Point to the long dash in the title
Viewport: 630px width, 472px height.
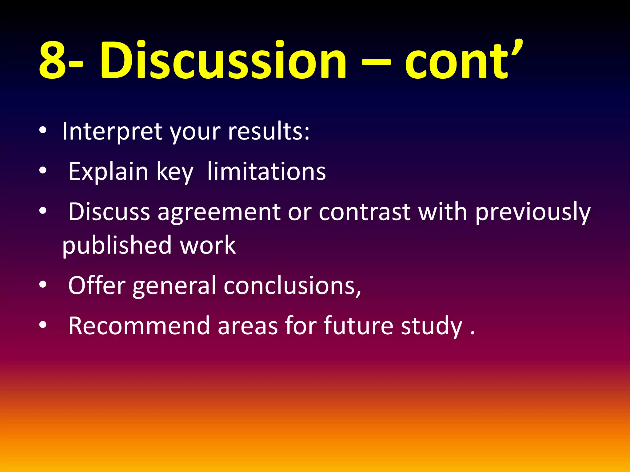pyautogui.click(x=376, y=63)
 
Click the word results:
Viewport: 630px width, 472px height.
pyautogui.click(x=269, y=132)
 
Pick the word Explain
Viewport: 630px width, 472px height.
pyautogui.click(x=108, y=171)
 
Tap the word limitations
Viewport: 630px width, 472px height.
pyautogui.click(x=266, y=171)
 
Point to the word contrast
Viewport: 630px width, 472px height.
pyautogui.click(x=365, y=212)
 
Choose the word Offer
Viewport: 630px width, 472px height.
pyautogui.click(x=97, y=285)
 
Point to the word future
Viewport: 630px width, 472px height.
pyautogui.click(x=358, y=326)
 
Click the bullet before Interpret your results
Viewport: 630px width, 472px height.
pyautogui.click(x=43, y=130)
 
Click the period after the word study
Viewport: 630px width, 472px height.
pyautogui.click(x=472, y=333)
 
